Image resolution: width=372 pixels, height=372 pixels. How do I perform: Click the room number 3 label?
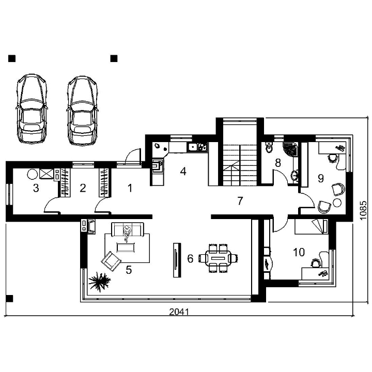tap(36, 188)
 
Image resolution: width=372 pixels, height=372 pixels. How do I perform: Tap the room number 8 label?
tap(278, 163)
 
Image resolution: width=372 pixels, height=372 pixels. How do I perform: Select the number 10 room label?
tap(299, 252)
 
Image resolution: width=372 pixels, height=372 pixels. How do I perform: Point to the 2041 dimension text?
tap(179, 312)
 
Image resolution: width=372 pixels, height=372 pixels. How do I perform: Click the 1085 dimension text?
tap(363, 210)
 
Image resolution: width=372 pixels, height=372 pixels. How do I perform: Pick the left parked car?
tap(32, 109)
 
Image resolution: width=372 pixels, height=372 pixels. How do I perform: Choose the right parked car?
tap(82, 111)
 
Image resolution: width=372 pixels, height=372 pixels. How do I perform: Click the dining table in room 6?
tap(219, 258)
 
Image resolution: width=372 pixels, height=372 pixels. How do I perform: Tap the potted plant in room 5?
tap(99, 282)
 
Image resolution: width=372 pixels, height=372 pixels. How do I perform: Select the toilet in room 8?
tap(269, 148)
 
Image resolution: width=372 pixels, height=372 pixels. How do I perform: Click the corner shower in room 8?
tap(290, 149)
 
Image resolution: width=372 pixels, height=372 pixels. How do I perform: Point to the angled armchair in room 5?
tap(111, 261)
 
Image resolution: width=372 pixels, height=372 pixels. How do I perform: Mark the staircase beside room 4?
tap(240, 164)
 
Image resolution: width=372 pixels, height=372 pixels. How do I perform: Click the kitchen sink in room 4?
tap(193, 147)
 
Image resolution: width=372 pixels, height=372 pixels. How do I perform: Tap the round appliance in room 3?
tap(33, 175)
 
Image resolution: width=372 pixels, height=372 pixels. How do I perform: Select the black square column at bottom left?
tap(9, 299)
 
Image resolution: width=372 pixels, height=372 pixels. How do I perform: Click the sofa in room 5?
tap(128, 229)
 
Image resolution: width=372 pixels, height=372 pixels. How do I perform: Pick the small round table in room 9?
tap(337, 203)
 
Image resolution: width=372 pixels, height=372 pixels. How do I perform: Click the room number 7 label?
tap(240, 201)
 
